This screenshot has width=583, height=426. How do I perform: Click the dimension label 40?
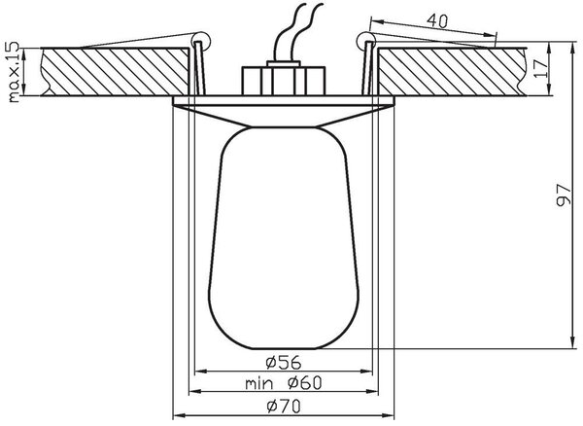click(x=437, y=21)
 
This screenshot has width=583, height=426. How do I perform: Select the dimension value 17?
click(x=541, y=68)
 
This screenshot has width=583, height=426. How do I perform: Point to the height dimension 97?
click(x=564, y=195)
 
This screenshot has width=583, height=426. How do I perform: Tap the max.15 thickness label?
click(x=14, y=72)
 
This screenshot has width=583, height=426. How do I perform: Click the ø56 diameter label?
click(x=284, y=363)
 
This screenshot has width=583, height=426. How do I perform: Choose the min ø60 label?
click(x=284, y=383)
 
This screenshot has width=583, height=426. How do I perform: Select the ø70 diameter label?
click(x=284, y=407)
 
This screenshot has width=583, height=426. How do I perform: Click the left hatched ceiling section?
click(x=116, y=72)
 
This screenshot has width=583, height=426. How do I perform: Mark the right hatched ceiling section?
click(x=452, y=72)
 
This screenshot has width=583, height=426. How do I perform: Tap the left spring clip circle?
click(x=201, y=40)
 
